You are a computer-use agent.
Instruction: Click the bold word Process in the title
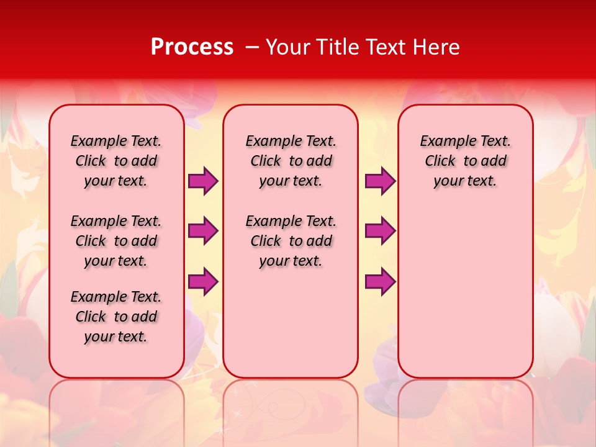pyautogui.click(x=192, y=47)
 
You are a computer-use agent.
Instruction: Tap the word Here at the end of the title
pyautogui.click(x=437, y=47)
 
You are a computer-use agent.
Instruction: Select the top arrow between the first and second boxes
pyautogui.click(x=203, y=181)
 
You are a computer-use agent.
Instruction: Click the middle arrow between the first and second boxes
pyautogui.click(x=203, y=231)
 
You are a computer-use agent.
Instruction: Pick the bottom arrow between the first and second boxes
pyautogui.click(x=203, y=281)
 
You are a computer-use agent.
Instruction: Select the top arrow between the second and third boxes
pyautogui.click(x=380, y=181)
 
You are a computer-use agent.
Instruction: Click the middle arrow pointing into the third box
pyautogui.click(x=380, y=231)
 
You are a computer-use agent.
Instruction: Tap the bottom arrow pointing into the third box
pyautogui.click(x=380, y=281)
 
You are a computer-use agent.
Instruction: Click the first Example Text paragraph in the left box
pyautogui.click(x=116, y=161)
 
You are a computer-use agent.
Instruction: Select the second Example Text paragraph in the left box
pyautogui.click(x=116, y=241)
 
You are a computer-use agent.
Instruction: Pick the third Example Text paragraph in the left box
pyautogui.click(x=116, y=317)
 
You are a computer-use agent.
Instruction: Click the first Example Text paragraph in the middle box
pyautogui.click(x=291, y=161)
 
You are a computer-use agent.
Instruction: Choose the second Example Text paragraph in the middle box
pyautogui.click(x=291, y=241)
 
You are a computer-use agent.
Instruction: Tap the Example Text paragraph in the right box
pyautogui.click(x=465, y=161)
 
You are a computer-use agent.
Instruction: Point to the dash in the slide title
pyautogui.click(x=252, y=47)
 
